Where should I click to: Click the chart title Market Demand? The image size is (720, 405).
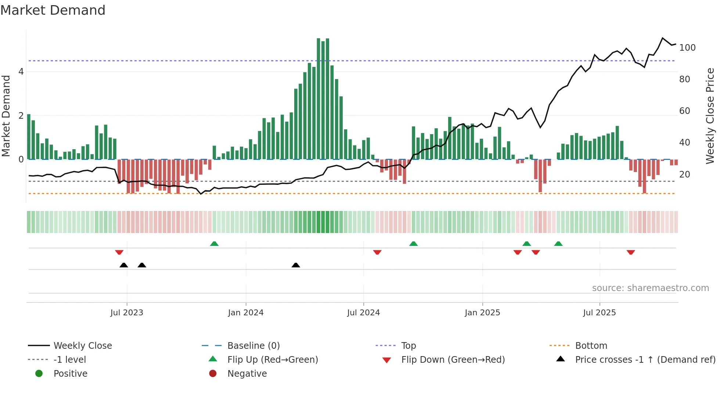point(53,10)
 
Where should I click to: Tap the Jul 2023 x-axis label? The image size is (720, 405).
point(127,313)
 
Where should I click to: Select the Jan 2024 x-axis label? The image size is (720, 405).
point(246,313)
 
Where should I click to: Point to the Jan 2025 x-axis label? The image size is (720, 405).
point(482,313)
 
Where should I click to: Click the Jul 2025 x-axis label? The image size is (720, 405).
point(600,313)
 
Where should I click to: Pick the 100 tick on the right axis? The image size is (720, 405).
point(687,48)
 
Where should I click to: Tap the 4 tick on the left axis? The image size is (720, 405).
point(21,72)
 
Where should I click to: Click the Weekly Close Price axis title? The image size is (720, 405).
point(710,116)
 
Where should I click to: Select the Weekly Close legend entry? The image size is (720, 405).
point(83,346)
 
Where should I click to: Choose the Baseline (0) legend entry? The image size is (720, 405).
point(253,346)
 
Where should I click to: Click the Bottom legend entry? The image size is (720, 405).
point(591,346)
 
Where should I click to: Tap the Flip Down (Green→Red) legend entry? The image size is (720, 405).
point(453,360)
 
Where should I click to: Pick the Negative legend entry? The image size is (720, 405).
point(247,374)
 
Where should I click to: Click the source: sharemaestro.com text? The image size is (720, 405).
point(650,288)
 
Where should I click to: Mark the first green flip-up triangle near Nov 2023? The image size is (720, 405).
point(214,244)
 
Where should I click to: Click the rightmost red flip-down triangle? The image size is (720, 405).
point(631,252)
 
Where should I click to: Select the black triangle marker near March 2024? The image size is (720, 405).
point(296,265)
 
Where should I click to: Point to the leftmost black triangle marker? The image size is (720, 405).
point(124,265)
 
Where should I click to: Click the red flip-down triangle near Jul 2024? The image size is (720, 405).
point(377,252)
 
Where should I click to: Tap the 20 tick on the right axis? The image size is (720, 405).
point(685,175)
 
